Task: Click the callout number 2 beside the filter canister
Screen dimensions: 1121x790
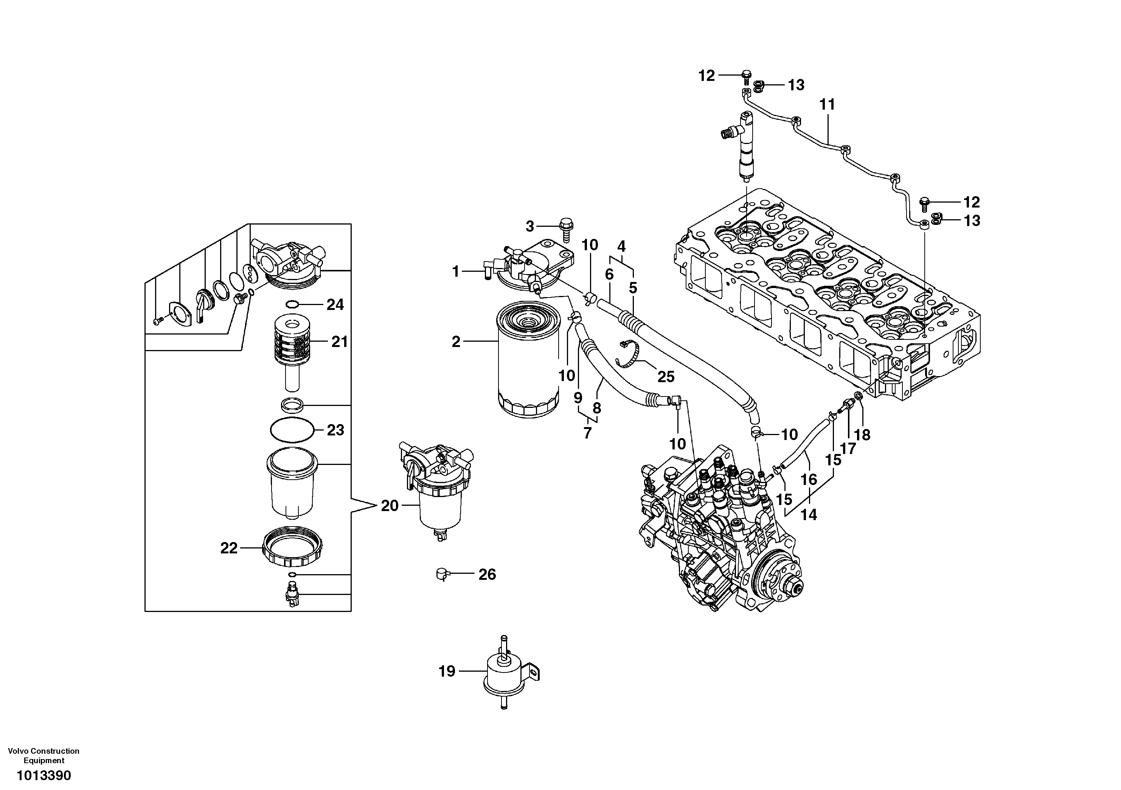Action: (455, 342)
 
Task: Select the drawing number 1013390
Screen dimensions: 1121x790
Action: (43, 775)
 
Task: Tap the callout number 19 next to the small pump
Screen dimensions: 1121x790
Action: (447, 671)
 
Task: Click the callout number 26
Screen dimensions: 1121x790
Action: (487, 574)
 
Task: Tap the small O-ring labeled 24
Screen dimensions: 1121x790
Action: (292, 305)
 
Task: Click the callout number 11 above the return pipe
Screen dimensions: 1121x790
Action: (827, 104)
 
